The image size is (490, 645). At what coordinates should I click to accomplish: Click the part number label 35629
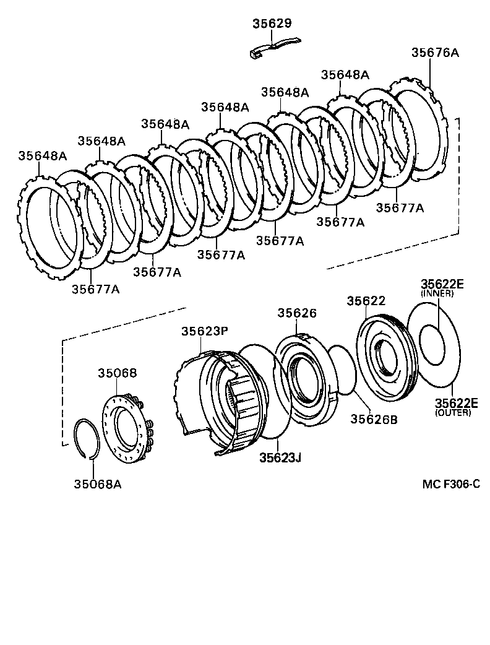tap(272, 24)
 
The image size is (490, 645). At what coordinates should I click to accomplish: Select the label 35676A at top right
tap(435, 53)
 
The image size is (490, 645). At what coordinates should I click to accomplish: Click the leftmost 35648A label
tap(42, 155)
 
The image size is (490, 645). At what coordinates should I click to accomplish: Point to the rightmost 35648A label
tap(345, 74)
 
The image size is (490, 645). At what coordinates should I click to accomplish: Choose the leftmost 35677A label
tap(95, 288)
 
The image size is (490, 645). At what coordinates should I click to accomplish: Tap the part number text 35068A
tap(97, 483)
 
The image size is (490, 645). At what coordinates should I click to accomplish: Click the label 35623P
tap(205, 331)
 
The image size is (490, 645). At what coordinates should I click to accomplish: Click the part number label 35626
tap(296, 313)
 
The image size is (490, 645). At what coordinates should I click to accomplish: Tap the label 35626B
tap(374, 419)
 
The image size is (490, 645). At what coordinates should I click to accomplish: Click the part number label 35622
tap(366, 301)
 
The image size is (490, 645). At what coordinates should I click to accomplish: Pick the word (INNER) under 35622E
tap(437, 294)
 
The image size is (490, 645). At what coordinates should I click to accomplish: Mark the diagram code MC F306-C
tap(451, 483)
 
